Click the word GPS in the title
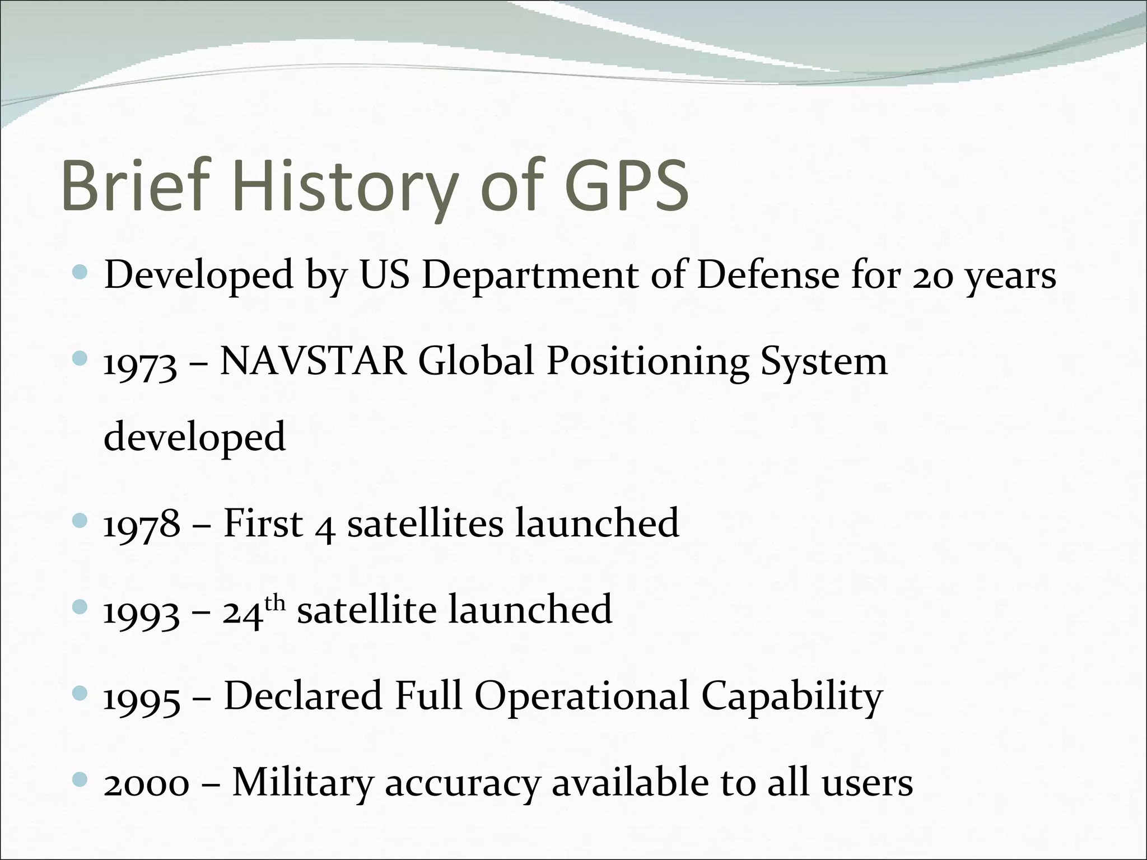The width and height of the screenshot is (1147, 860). (626, 185)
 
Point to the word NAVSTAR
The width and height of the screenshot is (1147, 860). (313, 361)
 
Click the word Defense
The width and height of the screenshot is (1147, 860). (768, 275)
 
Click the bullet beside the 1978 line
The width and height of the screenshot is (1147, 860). (81, 521)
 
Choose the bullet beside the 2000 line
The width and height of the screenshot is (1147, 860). (81, 779)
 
